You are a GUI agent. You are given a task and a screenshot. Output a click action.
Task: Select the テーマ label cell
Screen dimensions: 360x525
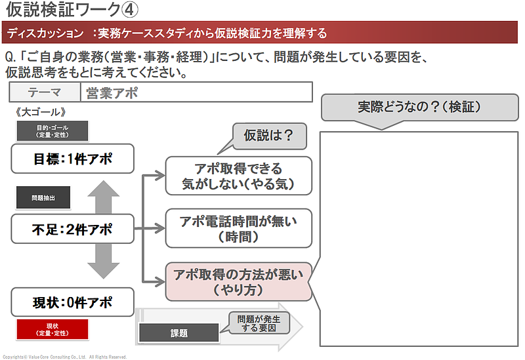coord(45,92)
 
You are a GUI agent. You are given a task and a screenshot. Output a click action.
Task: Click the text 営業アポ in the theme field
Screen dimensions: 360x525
coord(113,92)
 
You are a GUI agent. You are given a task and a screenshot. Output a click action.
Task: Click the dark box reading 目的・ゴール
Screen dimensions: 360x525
coord(52,130)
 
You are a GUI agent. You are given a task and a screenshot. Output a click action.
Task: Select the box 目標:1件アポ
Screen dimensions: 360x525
coord(72,158)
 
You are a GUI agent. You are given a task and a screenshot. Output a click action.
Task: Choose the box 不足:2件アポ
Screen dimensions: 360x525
coord(72,230)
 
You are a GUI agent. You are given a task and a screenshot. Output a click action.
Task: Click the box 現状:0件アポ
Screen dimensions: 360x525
coord(72,302)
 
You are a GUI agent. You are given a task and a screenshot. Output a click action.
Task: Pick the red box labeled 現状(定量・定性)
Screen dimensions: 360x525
coord(52,329)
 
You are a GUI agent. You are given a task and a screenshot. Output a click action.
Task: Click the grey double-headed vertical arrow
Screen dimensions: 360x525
coord(103,230)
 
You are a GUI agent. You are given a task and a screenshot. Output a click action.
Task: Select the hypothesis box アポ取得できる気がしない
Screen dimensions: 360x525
coord(238,176)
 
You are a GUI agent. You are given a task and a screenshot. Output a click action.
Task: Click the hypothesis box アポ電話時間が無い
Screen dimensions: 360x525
coord(238,228)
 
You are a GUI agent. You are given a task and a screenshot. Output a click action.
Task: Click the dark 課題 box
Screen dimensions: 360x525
coord(178,332)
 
